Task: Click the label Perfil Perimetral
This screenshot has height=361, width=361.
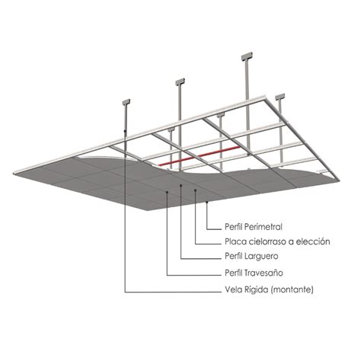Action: [x=254, y=227]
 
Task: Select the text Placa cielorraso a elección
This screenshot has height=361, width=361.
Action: [x=277, y=241]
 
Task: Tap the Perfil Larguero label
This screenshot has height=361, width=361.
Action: [x=251, y=256]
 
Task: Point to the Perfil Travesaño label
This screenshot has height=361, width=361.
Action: [x=254, y=273]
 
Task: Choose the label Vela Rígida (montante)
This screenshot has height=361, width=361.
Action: [x=269, y=289]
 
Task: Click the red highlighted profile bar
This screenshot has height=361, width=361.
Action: [x=199, y=155]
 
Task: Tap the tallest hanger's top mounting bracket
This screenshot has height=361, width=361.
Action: [x=247, y=56]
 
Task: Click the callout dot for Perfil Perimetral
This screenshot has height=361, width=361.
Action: [x=207, y=202]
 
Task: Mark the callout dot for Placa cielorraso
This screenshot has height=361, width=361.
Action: [x=195, y=190]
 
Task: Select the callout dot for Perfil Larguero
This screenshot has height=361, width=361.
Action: [x=180, y=185]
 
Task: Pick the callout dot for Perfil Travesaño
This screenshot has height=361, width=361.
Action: [x=167, y=193]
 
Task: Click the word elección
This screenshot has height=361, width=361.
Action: [x=312, y=241]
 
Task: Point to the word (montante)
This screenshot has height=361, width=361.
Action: [x=292, y=289]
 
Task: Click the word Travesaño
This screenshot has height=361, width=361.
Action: [x=264, y=273]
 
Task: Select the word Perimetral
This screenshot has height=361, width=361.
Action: [x=263, y=227]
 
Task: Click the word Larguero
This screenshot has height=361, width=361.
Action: [x=261, y=256]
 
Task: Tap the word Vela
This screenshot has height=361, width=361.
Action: [x=233, y=289]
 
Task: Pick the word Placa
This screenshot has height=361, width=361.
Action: [x=232, y=241]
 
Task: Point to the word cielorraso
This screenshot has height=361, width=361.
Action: [x=263, y=241]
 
